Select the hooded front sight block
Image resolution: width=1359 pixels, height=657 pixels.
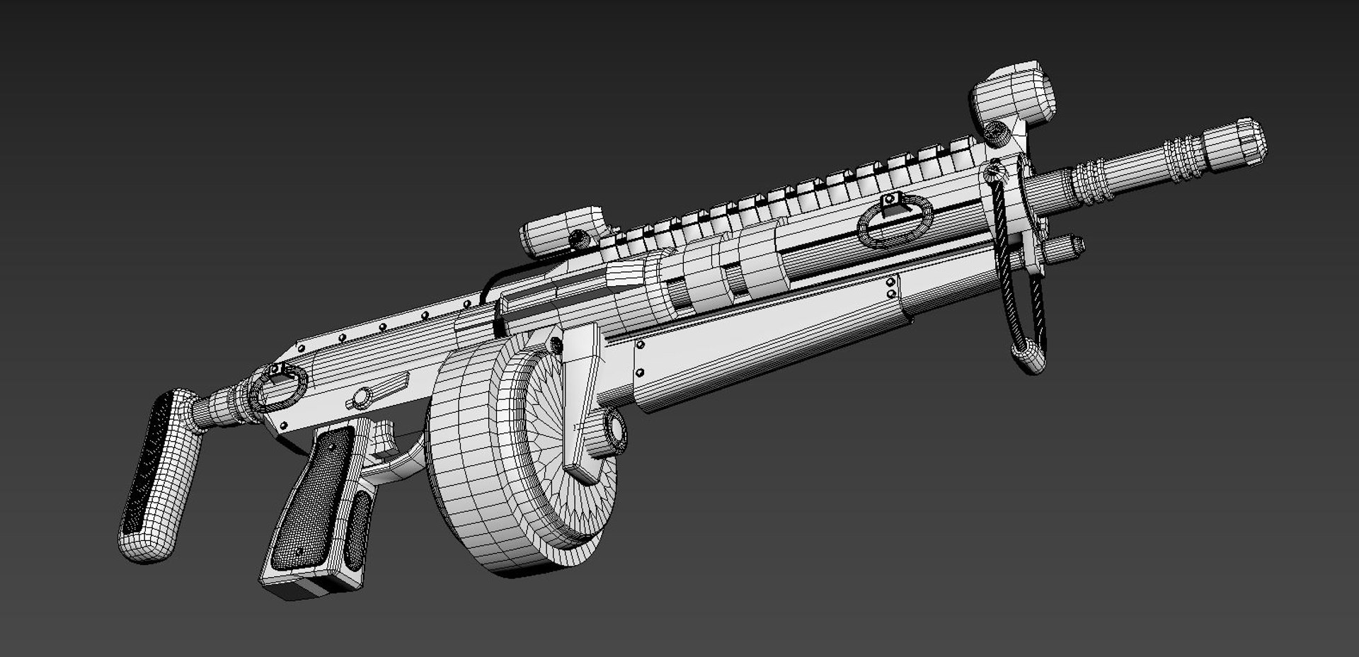click(x=1011, y=92)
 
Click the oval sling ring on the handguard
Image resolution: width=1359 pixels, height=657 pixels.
click(x=893, y=221)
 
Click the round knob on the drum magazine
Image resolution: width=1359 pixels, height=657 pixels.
click(x=613, y=433)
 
